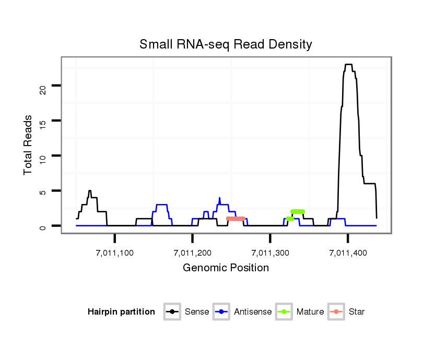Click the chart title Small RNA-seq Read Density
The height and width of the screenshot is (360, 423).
[x=226, y=44]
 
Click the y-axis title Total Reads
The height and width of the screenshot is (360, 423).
[x=28, y=145]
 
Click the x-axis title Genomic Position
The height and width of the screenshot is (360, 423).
[x=226, y=268]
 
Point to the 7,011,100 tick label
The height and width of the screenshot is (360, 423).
[x=115, y=253]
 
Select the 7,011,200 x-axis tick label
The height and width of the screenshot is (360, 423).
[x=193, y=253]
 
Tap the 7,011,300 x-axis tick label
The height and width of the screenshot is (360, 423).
[x=270, y=253]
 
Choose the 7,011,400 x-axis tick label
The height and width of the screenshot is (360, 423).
[x=348, y=253]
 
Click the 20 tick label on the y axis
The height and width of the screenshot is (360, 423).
[x=43, y=90]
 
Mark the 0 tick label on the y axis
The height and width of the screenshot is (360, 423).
[x=43, y=226]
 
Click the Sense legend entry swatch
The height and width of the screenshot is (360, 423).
[x=172, y=312]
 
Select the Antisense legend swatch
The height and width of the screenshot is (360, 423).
[x=221, y=312]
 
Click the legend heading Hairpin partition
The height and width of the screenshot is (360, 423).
[x=121, y=312]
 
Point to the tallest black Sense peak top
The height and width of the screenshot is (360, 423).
[x=348, y=65]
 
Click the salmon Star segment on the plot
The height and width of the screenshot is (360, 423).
[x=236, y=219]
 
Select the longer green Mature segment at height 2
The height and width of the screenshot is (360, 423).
[x=298, y=211]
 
